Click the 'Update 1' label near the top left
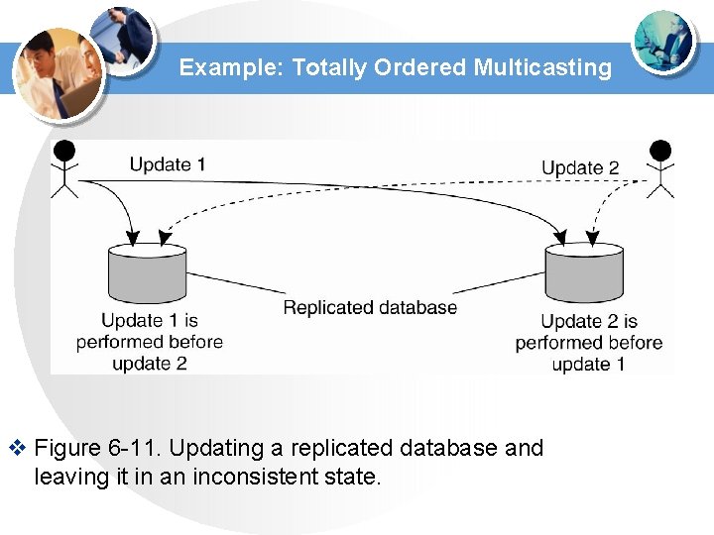[168, 163]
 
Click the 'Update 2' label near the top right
[580, 167]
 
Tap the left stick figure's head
[64, 151]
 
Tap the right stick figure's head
[659, 152]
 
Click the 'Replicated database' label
[370, 307]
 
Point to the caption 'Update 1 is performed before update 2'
[150, 342]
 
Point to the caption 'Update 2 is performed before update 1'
[588, 343]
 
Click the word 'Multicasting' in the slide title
[542, 67]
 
